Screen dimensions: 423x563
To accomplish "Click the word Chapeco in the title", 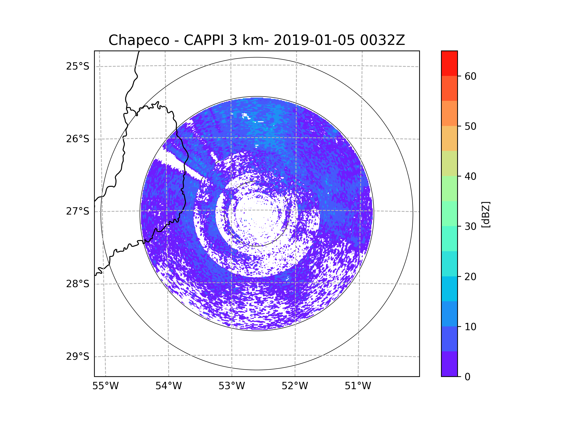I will (139, 40).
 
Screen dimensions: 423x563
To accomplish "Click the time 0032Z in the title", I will (382, 40).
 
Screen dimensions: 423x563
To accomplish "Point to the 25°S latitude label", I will (78, 66).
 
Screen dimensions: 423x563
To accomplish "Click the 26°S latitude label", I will (78, 139).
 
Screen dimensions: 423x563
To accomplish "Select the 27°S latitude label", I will (78, 211).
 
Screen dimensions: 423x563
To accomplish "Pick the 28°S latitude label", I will (78, 284).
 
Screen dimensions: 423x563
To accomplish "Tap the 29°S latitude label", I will (78, 356).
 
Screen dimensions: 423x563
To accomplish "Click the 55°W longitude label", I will (105, 386).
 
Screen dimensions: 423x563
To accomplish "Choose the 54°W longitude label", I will (168, 386).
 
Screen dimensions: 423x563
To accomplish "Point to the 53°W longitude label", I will (232, 386).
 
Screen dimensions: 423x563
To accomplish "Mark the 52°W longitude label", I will (295, 386).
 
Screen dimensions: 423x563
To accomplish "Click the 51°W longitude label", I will (358, 386).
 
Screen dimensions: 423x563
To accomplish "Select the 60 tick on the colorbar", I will (470, 76).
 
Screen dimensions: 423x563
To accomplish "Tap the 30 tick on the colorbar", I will (470, 226).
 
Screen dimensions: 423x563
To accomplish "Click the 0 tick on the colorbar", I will (468, 377).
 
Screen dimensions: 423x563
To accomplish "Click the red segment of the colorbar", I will (449, 63).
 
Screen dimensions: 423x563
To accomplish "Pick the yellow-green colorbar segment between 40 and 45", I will (449, 163).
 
